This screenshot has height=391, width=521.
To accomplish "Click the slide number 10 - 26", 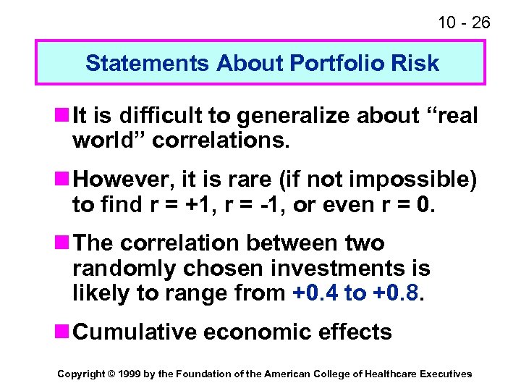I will pos(463,22).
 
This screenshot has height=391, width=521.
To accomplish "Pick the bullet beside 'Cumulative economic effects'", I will pos(62,332).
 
